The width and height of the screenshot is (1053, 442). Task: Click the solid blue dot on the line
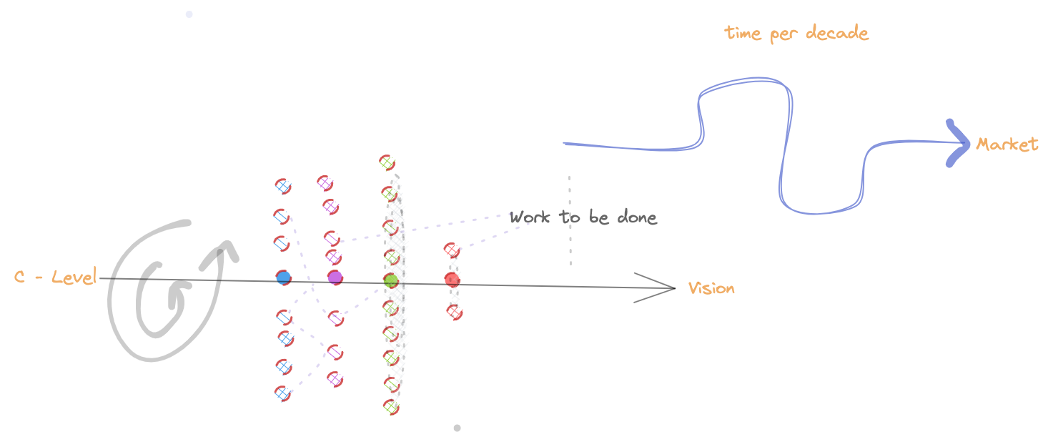[284, 278]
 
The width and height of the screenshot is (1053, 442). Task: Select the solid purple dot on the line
[335, 278]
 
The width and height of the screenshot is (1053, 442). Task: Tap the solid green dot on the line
[391, 280]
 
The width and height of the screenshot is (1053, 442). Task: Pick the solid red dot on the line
[453, 280]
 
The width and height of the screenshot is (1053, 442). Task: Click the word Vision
[711, 288]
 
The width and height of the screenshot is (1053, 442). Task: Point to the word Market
[1007, 144]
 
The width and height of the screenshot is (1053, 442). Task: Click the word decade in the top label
[837, 33]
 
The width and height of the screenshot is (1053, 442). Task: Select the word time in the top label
[742, 33]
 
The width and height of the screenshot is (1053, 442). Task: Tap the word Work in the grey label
[530, 217]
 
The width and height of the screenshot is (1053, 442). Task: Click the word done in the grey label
[637, 217]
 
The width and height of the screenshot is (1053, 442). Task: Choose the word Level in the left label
[74, 277]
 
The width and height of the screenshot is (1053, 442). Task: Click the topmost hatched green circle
[387, 162]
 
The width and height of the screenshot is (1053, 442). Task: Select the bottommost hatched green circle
[391, 407]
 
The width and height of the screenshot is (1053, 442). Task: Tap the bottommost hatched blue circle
[283, 393]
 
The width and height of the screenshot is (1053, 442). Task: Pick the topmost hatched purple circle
[325, 183]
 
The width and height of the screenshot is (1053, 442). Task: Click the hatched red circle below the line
[455, 313]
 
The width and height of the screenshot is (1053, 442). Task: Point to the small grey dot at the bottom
[457, 428]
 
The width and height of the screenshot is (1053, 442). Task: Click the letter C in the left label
[19, 277]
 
